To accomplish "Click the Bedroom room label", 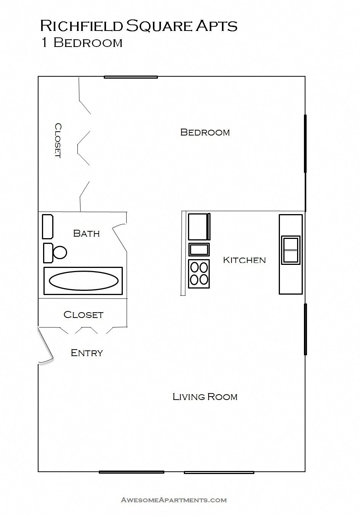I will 205,132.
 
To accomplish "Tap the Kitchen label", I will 244,260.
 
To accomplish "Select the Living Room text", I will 205,397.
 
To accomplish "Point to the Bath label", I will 86,233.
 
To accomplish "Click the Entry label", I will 87,353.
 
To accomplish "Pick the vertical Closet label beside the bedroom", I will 58,140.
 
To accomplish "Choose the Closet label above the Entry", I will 83,314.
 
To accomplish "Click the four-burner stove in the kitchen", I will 199,274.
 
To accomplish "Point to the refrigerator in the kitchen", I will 198,227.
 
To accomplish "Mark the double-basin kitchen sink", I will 291,250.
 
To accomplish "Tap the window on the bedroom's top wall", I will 131,77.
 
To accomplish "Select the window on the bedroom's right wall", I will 305,144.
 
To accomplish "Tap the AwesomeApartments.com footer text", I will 174,500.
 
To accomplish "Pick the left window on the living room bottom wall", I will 131,472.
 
